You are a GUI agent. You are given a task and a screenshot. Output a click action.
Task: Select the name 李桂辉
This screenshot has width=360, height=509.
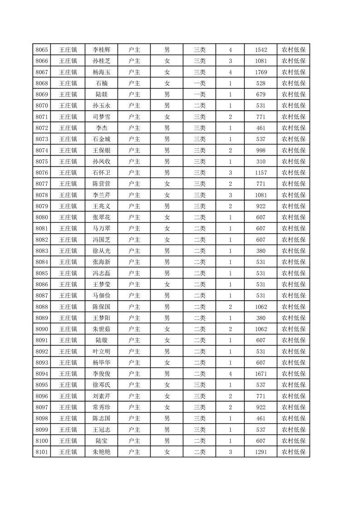coord(101,49)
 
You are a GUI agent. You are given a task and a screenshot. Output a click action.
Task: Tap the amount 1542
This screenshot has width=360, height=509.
coord(261,49)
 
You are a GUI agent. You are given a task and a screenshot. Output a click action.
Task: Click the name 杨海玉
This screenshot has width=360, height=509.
coord(101,72)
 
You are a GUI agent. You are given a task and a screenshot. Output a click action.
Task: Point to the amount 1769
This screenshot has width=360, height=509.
coord(261,72)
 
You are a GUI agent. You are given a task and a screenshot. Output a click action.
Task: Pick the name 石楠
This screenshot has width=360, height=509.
coord(101,83)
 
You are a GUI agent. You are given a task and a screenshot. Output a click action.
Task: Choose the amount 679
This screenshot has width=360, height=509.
coord(261,94)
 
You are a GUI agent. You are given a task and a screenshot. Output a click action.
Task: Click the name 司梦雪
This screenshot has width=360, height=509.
coord(101,117)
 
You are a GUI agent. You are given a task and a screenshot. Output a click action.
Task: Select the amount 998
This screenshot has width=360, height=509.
coord(261,150)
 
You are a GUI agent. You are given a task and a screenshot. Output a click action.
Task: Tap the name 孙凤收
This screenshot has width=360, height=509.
coord(101,162)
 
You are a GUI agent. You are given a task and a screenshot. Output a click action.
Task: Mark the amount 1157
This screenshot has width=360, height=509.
coord(261,172)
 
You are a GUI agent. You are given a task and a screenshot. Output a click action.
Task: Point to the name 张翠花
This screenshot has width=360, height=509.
coord(101,217)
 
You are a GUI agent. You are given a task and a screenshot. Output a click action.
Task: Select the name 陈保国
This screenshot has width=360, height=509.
coord(101,307)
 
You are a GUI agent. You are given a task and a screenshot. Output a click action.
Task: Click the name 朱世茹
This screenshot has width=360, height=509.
coord(101,329)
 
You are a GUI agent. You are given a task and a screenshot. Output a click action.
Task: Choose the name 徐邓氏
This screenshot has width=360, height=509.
coord(101,385)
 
